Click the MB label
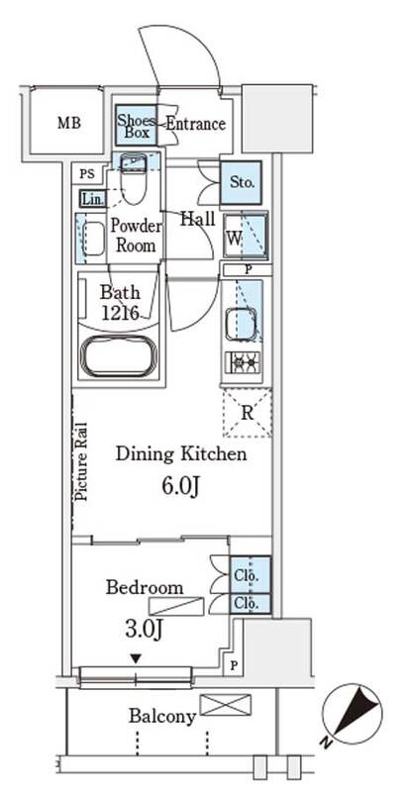pos(69,123)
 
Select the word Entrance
pos(195,124)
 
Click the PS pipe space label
pos(87,175)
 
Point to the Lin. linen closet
pos(92,198)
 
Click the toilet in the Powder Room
pos(134,177)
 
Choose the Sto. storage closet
pos(242,182)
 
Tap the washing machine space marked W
pos(246,237)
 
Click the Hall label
pos(198,219)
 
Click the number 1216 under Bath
pos(120,313)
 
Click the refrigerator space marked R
pos(248,412)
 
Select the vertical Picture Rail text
pos(82,460)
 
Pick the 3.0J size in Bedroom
pos(144,630)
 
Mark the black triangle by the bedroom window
pos(136,658)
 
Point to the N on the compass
pos(328,742)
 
